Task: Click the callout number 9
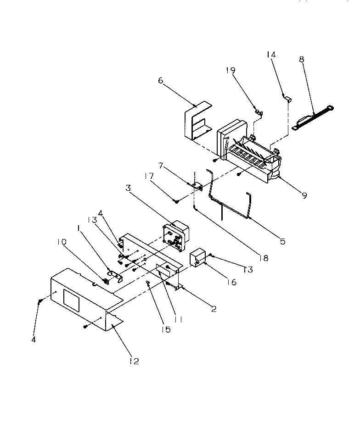(305, 194)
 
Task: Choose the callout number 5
(282, 241)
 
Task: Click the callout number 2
(213, 309)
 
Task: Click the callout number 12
(133, 361)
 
